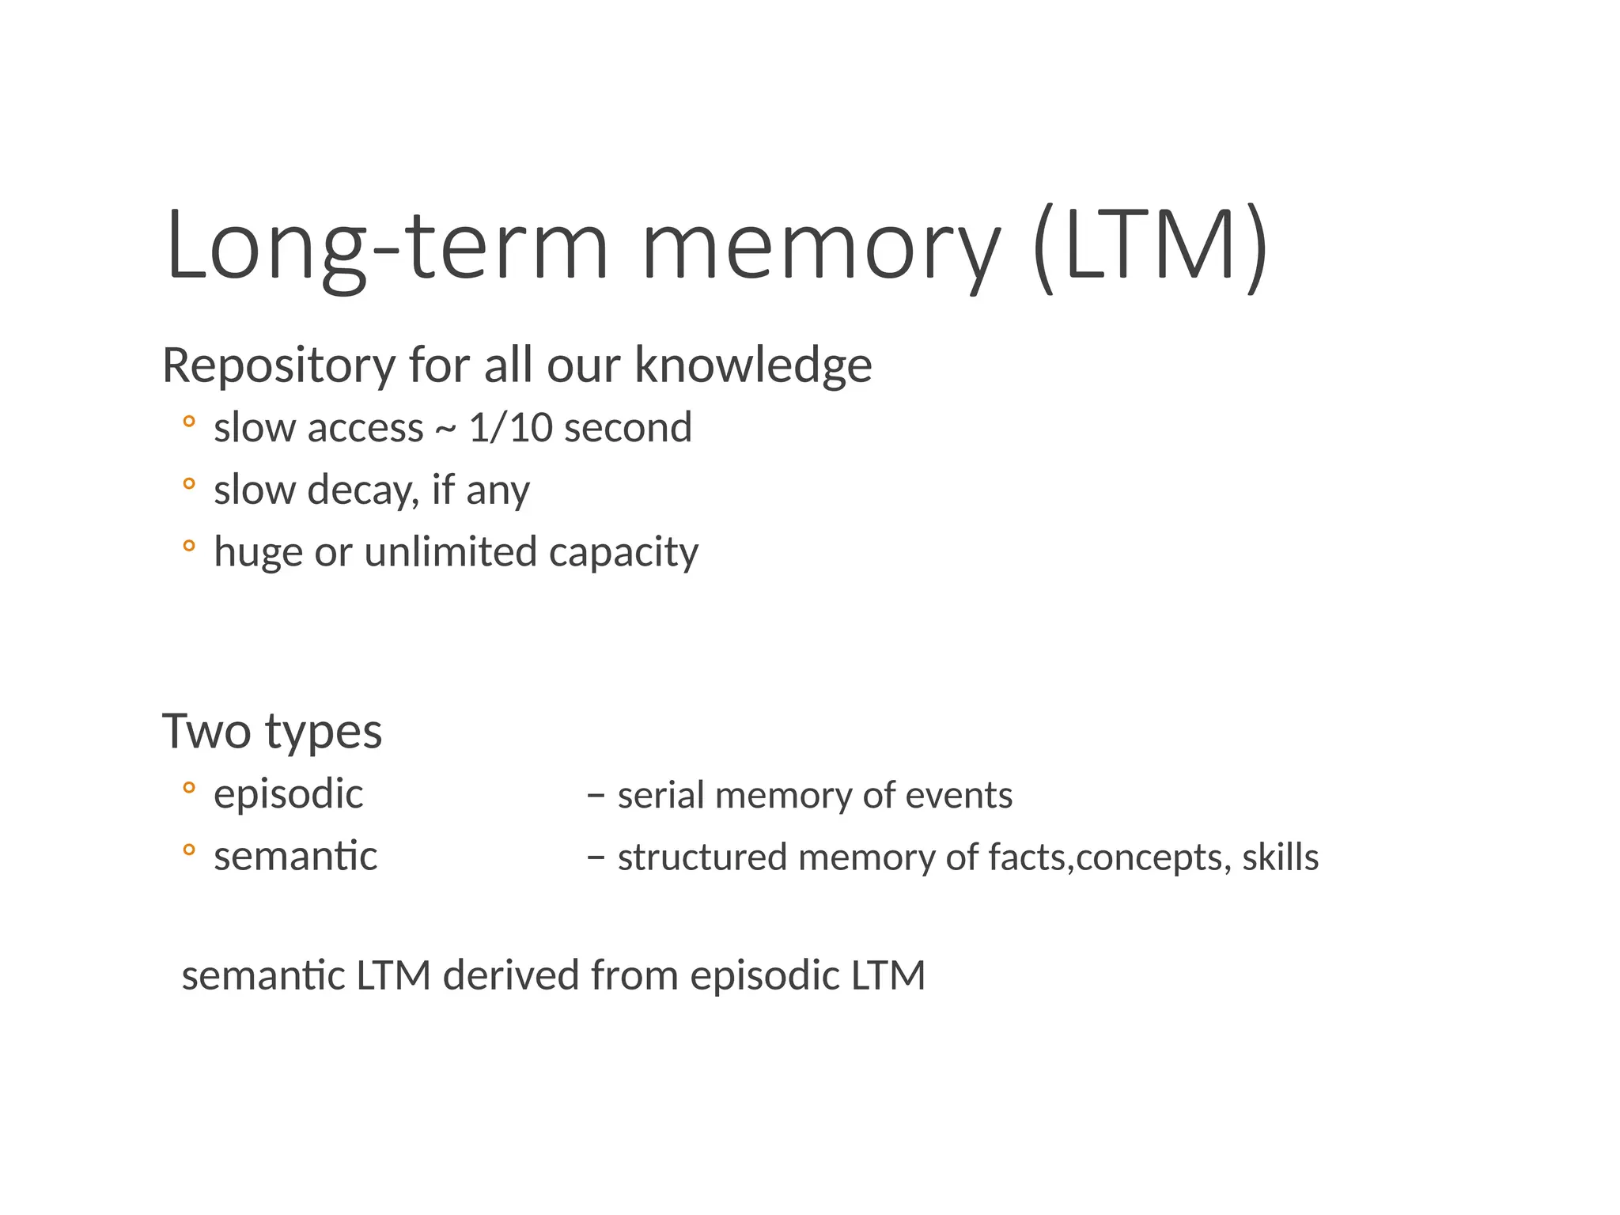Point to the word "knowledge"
pyautogui.click(x=753, y=366)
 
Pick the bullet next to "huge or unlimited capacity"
pyautogui.click(x=188, y=546)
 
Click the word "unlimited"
pyautogui.click(x=451, y=551)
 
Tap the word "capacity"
pyautogui.click(x=623, y=553)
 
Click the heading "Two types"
pyautogui.click(x=272, y=732)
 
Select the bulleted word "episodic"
pyautogui.click(x=288, y=794)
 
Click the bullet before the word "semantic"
pyautogui.click(x=188, y=850)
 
